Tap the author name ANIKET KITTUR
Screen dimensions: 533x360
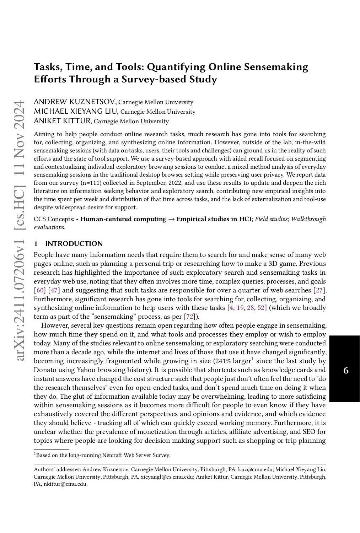[x=63, y=121]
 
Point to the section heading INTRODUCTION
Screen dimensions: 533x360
[x=74, y=244]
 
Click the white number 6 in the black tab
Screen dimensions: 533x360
[x=346, y=371]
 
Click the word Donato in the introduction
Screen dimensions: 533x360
[x=45, y=370]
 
